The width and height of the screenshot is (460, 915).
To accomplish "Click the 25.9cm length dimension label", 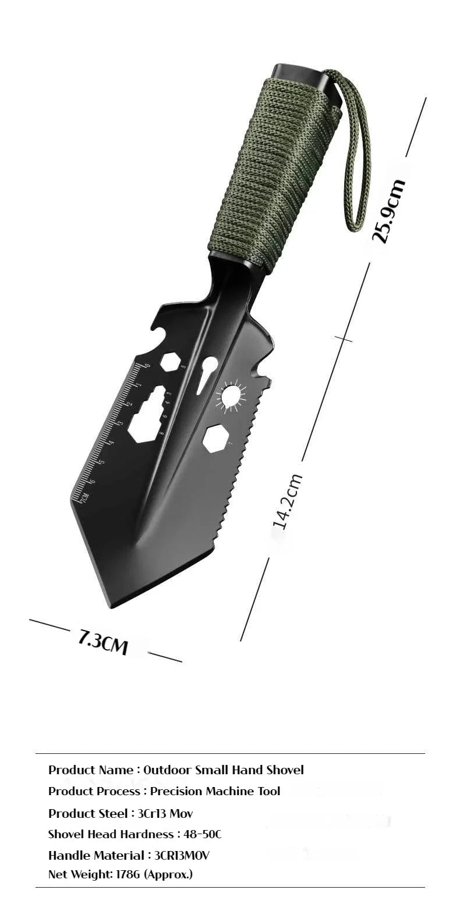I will pos(388,211).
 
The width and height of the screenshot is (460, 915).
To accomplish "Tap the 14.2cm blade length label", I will pos(288,501).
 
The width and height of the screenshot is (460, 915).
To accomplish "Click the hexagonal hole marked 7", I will pos(215,437).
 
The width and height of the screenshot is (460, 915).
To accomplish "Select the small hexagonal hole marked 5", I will pos(170,362).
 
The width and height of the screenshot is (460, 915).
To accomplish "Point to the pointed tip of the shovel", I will pos(111,605).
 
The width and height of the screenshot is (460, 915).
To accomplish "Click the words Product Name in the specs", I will pos(91,770).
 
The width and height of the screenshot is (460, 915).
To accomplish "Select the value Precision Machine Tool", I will pos(215,791).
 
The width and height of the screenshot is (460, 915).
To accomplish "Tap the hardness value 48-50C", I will pos(202,834).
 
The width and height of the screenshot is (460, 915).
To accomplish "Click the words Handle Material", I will pos(96,855).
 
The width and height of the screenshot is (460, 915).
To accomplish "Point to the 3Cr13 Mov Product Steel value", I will pos(165,813).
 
